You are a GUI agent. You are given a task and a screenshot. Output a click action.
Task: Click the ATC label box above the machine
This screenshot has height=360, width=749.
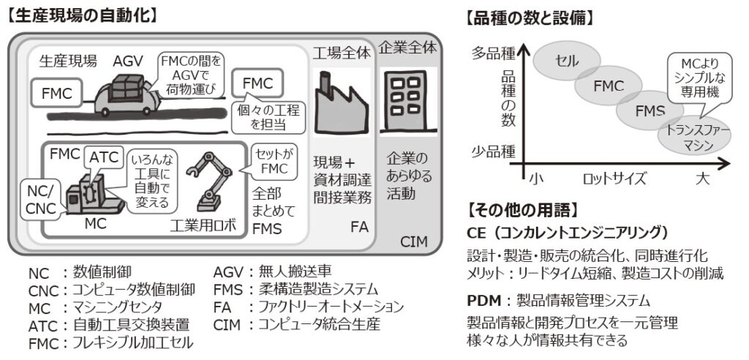coord(103,157)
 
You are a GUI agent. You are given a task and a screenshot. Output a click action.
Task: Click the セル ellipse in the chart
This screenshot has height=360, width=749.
coord(568,60)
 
